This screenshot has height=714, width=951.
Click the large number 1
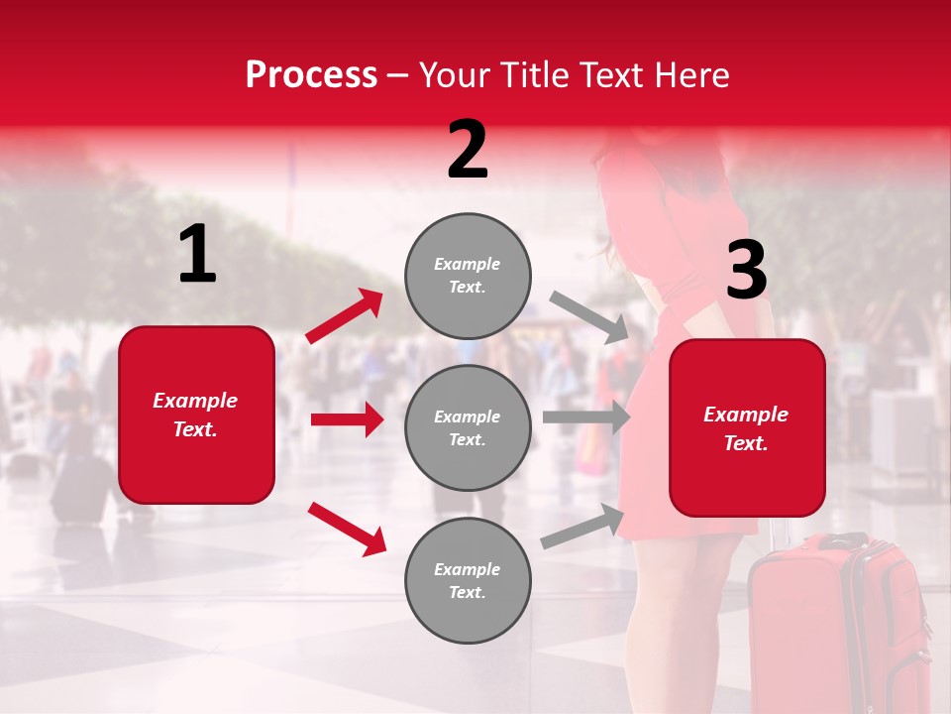point(197,255)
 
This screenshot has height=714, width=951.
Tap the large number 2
point(468,151)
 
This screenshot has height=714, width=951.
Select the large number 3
point(746,272)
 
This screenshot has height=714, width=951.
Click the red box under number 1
point(196,415)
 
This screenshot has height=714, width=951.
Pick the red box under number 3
point(746,427)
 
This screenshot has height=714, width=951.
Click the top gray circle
point(468,275)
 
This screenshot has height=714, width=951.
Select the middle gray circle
point(468,427)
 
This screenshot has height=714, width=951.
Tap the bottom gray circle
point(468,580)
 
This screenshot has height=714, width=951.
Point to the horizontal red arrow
point(347,419)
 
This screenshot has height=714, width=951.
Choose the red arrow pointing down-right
point(347,528)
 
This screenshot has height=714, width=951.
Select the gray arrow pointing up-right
point(582,527)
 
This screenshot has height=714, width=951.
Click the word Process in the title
point(311,74)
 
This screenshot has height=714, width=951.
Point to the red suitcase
point(842,625)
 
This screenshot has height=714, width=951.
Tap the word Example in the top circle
point(467,264)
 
